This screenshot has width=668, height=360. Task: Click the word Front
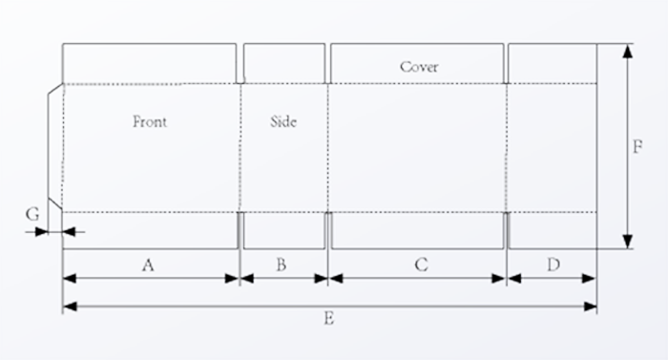click(150, 121)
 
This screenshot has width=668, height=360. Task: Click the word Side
click(283, 121)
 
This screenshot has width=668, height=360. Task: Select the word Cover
click(419, 67)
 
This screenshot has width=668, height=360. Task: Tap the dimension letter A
click(148, 265)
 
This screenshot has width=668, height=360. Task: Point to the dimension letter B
click(281, 265)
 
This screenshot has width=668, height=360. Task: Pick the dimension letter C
click(421, 265)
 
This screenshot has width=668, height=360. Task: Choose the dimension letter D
click(553, 265)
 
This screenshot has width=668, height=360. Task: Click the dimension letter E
click(328, 318)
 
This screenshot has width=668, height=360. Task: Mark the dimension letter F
click(637, 147)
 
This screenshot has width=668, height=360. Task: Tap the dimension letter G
click(32, 215)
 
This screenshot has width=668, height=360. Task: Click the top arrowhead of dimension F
click(627, 50)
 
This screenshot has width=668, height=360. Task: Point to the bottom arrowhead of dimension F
click(627, 243)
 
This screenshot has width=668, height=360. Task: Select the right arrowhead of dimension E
click(591, 307)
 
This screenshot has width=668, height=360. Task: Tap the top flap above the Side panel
click(283, 63)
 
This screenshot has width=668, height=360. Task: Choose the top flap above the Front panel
click(150, 63)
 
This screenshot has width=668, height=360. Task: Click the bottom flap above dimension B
click(283, 230)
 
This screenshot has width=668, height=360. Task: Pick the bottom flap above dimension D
click(553, 230)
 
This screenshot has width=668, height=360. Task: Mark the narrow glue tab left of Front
click(55, 148)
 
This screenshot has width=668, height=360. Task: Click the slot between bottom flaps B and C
click(329, 230)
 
